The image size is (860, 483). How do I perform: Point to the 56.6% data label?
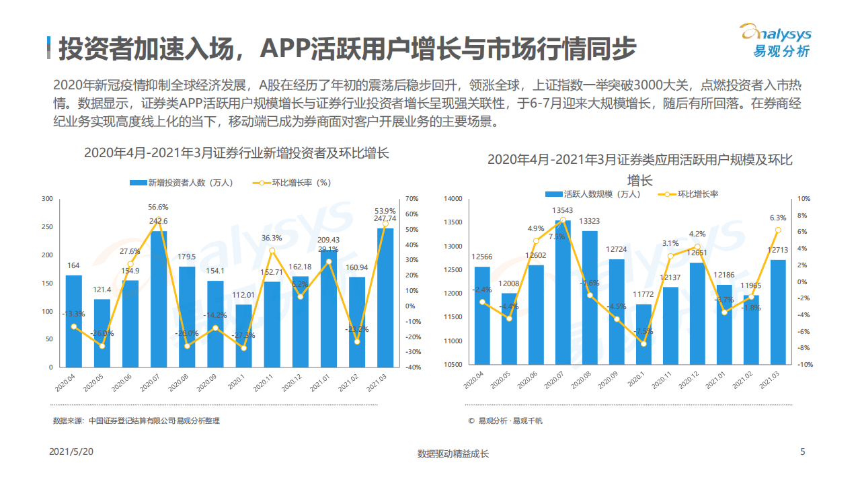[x=159, y=207]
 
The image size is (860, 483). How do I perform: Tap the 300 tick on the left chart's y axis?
[x=47, y=199]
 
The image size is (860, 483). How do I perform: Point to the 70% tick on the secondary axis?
[x=412, y=199]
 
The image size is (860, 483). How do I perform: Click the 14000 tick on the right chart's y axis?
[x=453, y=199]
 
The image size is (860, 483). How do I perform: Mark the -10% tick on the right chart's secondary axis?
[x=805, y=364]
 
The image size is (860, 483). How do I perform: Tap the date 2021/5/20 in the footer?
[x=71, y=452]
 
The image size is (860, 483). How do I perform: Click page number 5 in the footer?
[x=802, y=452]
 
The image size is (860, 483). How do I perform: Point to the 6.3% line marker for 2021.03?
[x=778, y=230]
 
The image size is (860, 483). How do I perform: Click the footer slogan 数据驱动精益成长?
[x=453, y=453]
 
